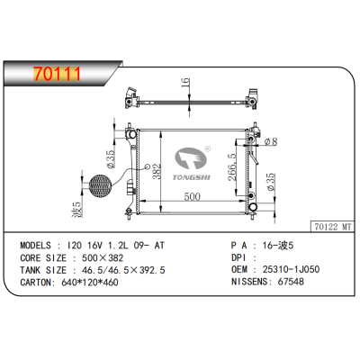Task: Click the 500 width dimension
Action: point(192,197)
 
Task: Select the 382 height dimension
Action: point(156,170)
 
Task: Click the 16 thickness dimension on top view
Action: point(185,85)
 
